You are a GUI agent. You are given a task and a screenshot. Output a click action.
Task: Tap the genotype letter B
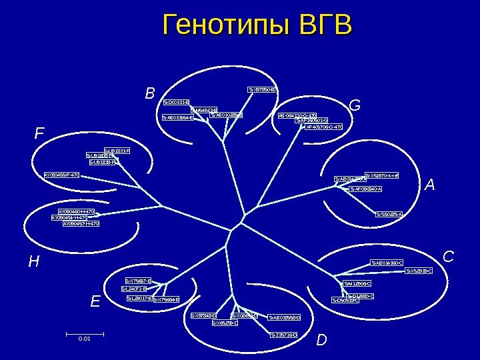coord(150,93)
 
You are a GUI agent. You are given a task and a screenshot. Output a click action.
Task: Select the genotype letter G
coord(355,105)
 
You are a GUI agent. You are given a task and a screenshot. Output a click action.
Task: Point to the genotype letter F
coord(40,134)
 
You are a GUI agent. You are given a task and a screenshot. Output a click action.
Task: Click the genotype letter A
coord(429,185)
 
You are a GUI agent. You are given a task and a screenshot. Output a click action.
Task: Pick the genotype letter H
coord(33,262)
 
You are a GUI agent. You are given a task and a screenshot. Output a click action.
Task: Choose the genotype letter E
coord(95,301)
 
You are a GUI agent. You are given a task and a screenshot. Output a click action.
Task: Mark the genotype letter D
coord(322,341)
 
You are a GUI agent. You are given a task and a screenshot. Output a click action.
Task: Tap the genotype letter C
coord(449,256)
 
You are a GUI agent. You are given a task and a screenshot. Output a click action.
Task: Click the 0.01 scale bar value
coord(84,339)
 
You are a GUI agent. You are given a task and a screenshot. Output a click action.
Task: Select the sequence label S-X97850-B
coord(262,89)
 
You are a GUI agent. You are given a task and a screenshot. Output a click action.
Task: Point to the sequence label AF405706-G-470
coord(324,126)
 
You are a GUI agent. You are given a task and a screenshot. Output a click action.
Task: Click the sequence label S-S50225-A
coord(389,214)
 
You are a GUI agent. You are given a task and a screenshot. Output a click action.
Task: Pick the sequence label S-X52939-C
coord(419,271)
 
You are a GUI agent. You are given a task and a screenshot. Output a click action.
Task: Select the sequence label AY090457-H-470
coord(81,223)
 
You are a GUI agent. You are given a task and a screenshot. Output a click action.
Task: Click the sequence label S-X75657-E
coord(139,281)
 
